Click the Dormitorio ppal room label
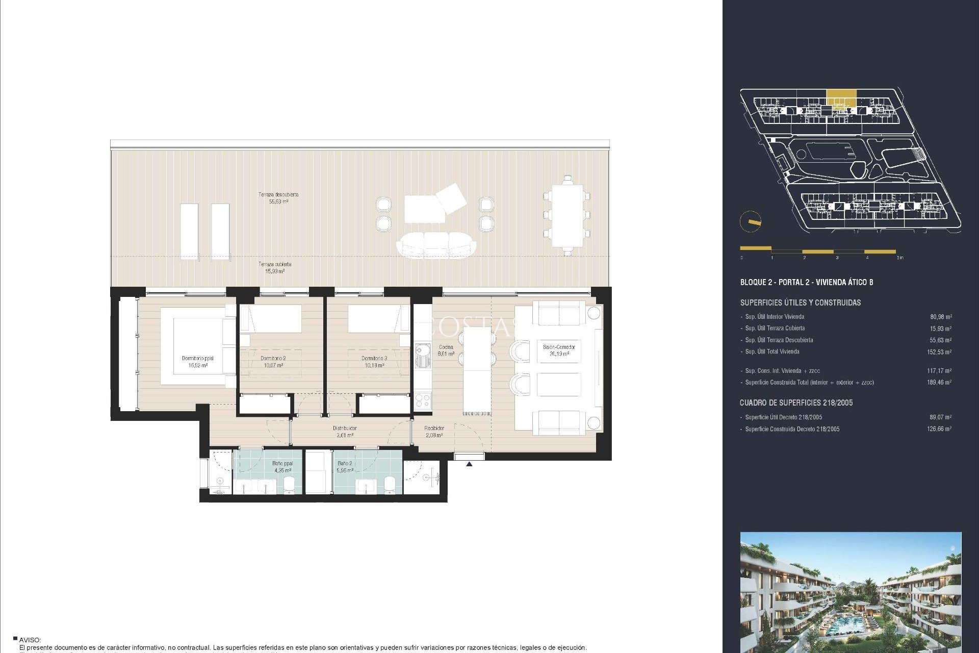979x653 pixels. pos(198,362)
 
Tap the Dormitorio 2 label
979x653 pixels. pos(273,362)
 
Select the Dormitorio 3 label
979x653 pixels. pos(374,362)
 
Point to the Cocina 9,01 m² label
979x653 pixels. pos(446,350)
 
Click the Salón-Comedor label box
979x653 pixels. pos(559,350)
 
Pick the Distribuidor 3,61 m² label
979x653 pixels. pos(345,432)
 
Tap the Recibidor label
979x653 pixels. pos(434,432)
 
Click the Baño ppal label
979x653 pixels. pos(282,467)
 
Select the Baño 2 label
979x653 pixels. pos(345,467)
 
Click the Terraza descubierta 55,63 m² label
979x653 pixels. pos(278,198)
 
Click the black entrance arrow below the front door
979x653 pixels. pos(469,464)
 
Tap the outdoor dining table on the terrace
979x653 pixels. pos(566,215)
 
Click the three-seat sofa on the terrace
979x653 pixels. pos(436,245)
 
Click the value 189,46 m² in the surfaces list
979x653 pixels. pos(939,383)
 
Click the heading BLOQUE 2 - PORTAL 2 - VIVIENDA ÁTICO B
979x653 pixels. pos(806,282)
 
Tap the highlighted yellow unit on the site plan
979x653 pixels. pos(841,97)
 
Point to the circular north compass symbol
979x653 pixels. pos(751,222)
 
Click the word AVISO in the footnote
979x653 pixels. pos(30,640)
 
